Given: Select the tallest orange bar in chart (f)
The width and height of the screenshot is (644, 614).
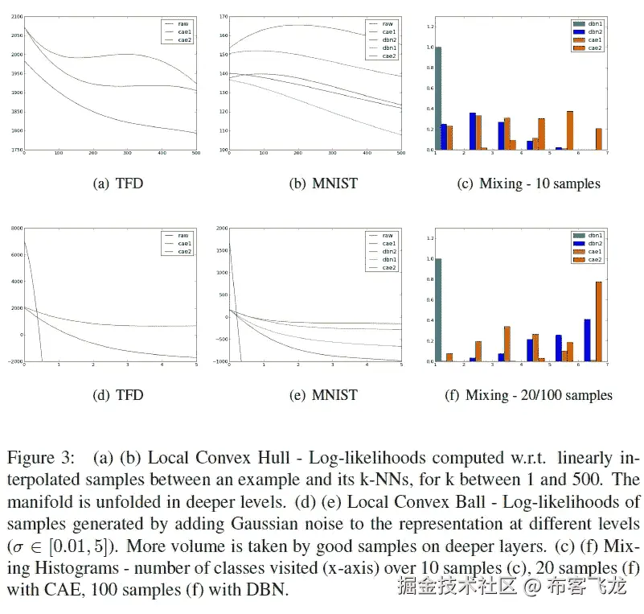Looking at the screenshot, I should [x=598, y=321].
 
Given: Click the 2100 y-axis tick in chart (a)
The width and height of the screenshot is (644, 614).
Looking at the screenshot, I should [x=14, y=17].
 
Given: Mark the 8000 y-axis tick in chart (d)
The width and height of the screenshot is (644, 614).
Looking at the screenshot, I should [x=14, y=229].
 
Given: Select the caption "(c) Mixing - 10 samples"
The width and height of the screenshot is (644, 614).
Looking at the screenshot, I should [x=528, y=183].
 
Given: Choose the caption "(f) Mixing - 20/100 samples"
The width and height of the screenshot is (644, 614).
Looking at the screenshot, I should [x=528, y=395].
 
